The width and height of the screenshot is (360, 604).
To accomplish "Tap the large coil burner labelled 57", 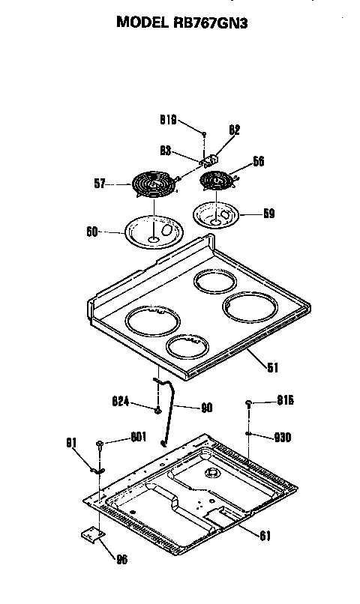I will pos(153,183).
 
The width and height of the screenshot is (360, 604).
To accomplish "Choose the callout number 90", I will pos(207,408).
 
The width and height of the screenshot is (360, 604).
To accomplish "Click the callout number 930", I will pos(283,437).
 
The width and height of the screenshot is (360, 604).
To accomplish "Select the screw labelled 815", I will pos(247,404).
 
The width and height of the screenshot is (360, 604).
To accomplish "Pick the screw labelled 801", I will pos(99,445).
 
